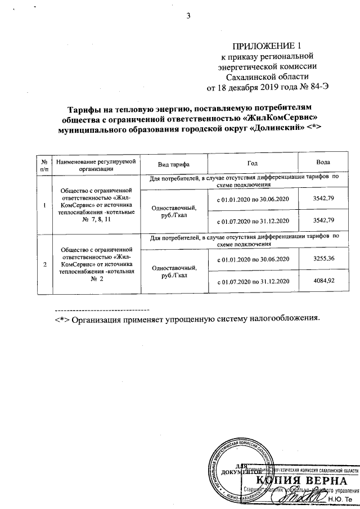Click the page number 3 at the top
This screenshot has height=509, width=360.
(x=189, y=15)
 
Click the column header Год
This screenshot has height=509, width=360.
(x=252, y=164)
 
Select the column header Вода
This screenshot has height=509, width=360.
(x=323, y=164)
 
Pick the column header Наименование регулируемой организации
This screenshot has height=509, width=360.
(x=96, y=164)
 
